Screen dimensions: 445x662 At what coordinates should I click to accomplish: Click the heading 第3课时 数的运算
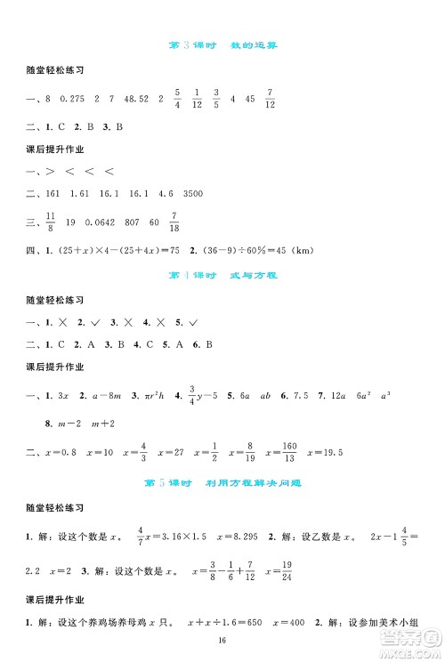click(x=222, y=44)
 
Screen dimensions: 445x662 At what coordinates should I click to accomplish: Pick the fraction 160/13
click(x=287, y=454)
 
